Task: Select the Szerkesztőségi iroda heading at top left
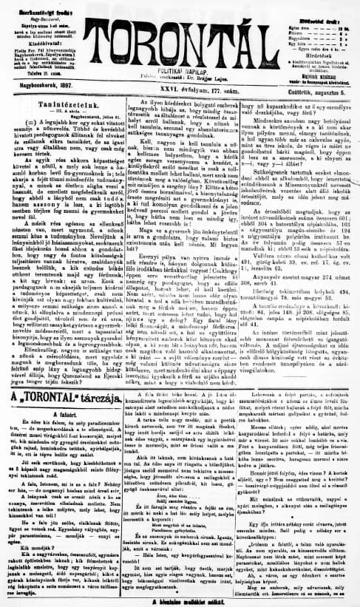pos(48,4)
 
